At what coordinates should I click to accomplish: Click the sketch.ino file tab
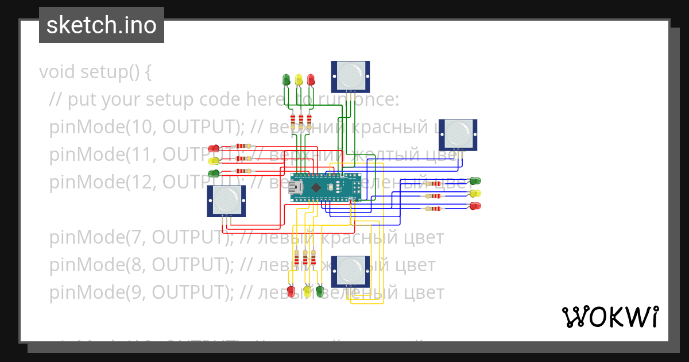click(102, 25)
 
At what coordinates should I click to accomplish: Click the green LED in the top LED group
click(287, 79)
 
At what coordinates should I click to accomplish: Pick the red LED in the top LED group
click(311, 79)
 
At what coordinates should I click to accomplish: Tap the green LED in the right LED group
click(475, 182)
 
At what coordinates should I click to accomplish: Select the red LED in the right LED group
click(475, 206)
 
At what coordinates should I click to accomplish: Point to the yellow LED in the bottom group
click(307, 291)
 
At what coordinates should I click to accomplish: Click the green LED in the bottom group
click(320, 291)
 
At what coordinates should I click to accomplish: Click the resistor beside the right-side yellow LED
click(434, 196)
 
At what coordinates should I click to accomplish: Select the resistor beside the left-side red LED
click(244, 147)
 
